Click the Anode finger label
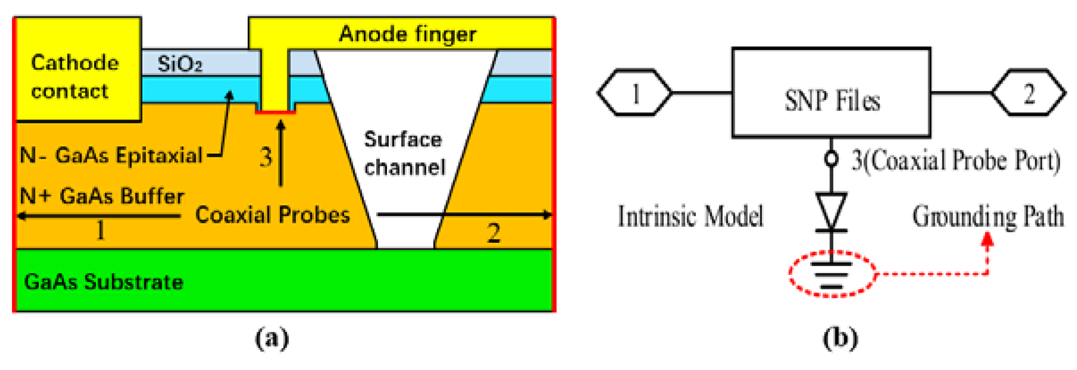point(407,34)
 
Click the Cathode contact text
point(74,77)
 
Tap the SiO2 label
point(180,64)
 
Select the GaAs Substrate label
point(103,282)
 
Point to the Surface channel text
point(404,153)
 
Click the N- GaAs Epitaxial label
point(111,156)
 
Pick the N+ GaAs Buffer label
point(102,196)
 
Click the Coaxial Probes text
point(272,215)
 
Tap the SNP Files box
point(831,93)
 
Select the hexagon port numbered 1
point(635,93)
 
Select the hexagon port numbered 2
point(1029,93)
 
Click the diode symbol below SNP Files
point(831,212)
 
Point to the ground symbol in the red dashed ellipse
point(831,275)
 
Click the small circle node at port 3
point(831,159)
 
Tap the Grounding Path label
point(988,217)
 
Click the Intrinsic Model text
point(690,217)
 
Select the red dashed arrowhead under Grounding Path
point(988,241)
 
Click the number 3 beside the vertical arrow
point(266,157)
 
